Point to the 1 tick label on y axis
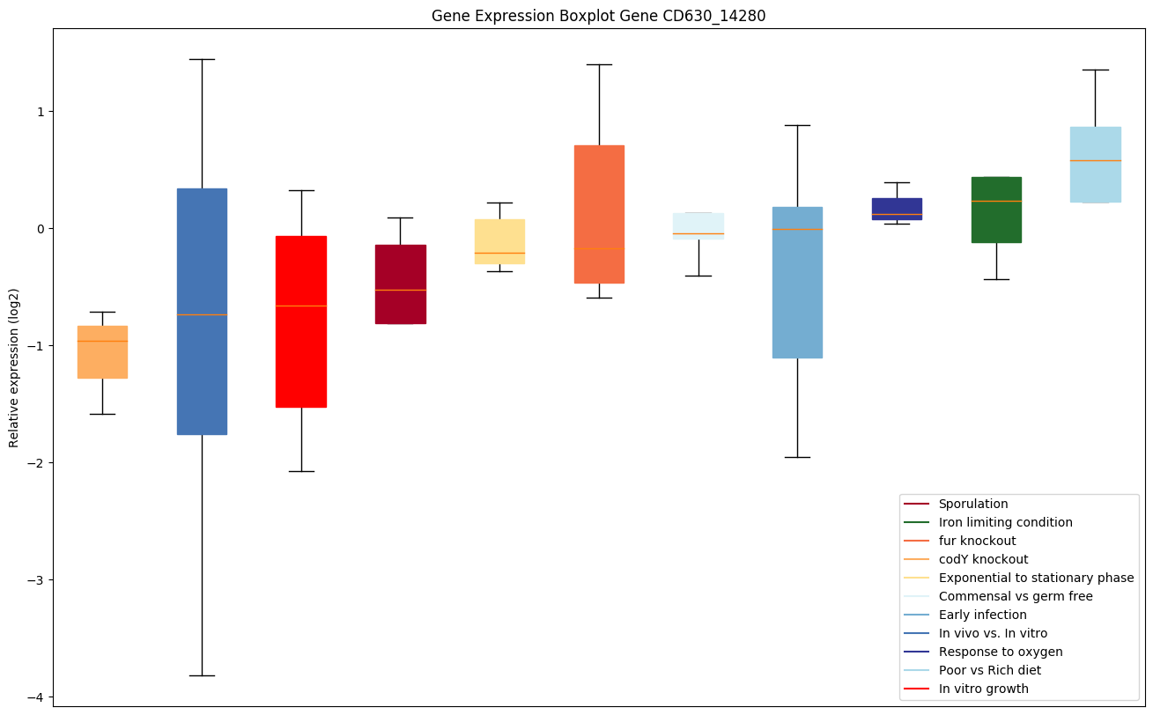(x=40, y=112)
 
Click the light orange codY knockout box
(x=102, y=352)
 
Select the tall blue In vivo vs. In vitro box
(x=202, y=311)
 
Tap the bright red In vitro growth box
(x=301, y=321)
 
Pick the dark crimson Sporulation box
(x=401, y=284)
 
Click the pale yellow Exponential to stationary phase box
(x=499, y=241)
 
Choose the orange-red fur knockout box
(x=599, y=214)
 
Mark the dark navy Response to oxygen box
(x=897, y=209)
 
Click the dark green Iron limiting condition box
(x=996, y=210)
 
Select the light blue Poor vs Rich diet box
(x=1096, y=165)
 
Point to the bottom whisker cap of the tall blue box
(x=202, y=675)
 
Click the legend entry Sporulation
(x=972, y=505)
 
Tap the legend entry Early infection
(x=982, y=615)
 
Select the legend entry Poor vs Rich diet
(x=989, y=671)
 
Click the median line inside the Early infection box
(x=797, y=229)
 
